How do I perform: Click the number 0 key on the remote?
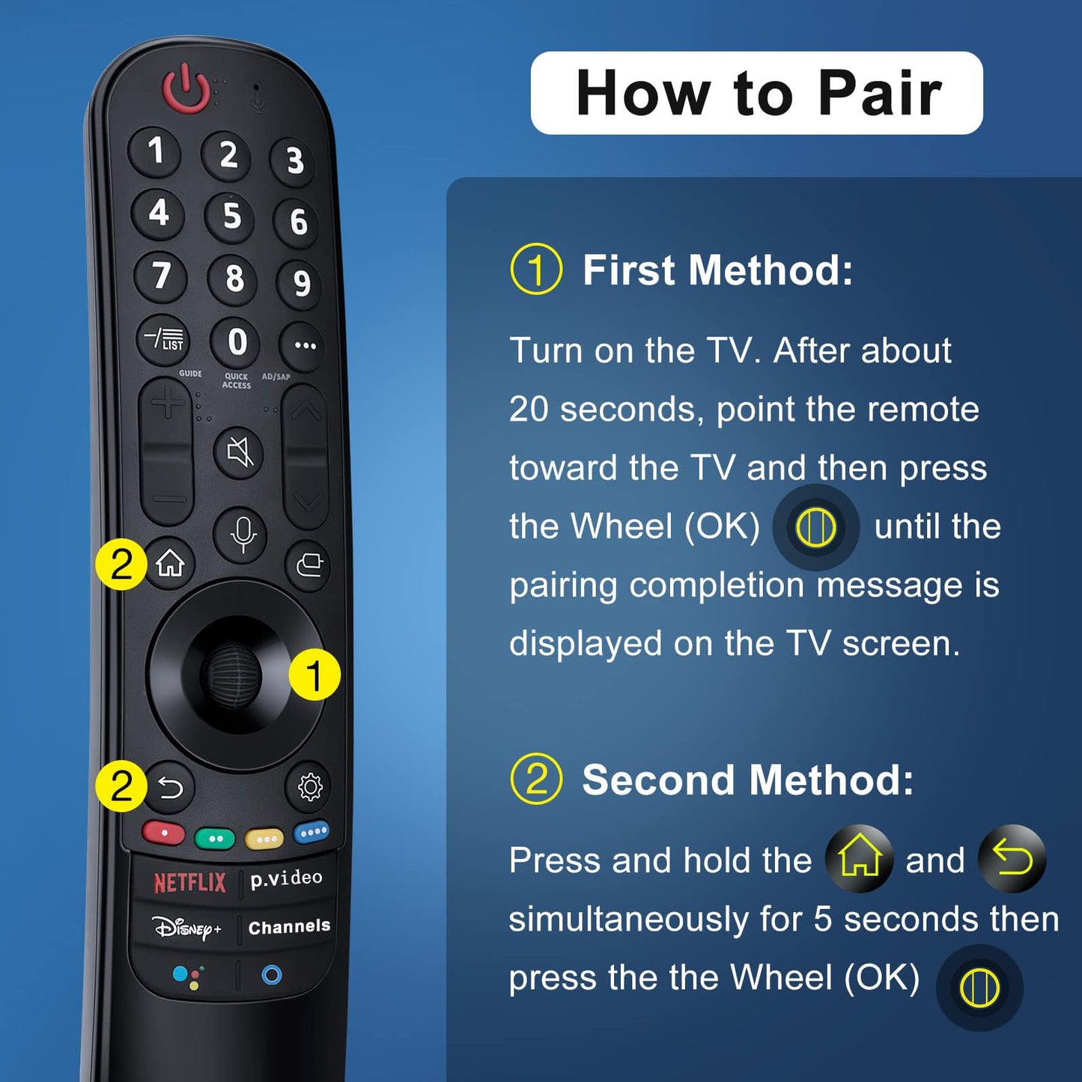pos(237,342)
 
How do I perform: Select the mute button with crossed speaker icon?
pos(240,452)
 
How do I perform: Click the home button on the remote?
pos(171,563)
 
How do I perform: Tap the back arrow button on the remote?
pos(171,787)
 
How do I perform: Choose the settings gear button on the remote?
pos(309,787)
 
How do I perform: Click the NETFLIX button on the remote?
pos(189,883)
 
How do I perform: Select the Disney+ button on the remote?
pos(187,928)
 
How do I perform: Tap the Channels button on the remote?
pos(289,927)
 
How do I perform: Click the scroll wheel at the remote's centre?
pos(232,674)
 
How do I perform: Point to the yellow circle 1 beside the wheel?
pos(314,675)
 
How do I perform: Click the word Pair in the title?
pos(879,93)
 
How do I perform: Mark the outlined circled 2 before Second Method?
pos(536,779)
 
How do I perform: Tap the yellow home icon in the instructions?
pos(859,858)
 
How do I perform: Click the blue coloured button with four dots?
pos(311,832)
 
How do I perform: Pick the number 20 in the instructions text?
pos(529,410)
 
